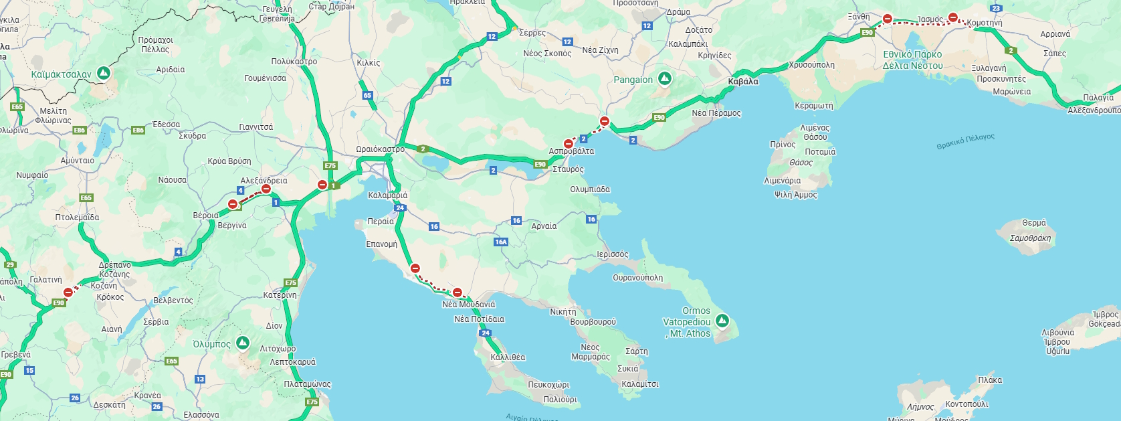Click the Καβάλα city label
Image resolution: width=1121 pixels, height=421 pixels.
tap(743, 82)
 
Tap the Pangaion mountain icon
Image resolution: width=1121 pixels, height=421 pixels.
tap(664, 80)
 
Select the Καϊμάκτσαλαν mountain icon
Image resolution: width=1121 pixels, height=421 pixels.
tap(104, 72)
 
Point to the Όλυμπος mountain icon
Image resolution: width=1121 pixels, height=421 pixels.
tap(243, 343)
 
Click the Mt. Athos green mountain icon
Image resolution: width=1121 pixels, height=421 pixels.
tap(722, 321)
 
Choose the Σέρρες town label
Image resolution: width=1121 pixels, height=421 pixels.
tap(532, 33)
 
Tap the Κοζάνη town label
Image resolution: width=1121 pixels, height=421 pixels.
tap(104, 286)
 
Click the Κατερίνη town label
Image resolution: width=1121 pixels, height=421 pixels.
tap(280, 295)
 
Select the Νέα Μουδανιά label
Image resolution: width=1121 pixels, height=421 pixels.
tap(468, 305)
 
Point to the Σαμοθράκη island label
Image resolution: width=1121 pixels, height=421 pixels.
tap(1030, 238)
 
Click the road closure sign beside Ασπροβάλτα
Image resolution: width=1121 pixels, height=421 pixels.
tap(569, 143)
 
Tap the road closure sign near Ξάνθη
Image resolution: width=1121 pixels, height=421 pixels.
tap(888, 19)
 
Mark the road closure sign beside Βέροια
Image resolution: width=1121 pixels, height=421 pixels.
tap(233, 204)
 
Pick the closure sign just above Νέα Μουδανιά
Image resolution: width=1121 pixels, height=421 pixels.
tap(457, 292)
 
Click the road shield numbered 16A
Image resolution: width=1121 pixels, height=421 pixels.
tap(501, 242)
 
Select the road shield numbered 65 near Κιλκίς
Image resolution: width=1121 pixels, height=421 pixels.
tap(367, 96)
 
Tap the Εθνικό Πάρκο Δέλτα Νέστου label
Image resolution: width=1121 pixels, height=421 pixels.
tap(912, 60)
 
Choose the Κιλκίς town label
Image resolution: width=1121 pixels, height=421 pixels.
tap(369, 63)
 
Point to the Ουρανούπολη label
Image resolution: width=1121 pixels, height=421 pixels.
tap(637, 278)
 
